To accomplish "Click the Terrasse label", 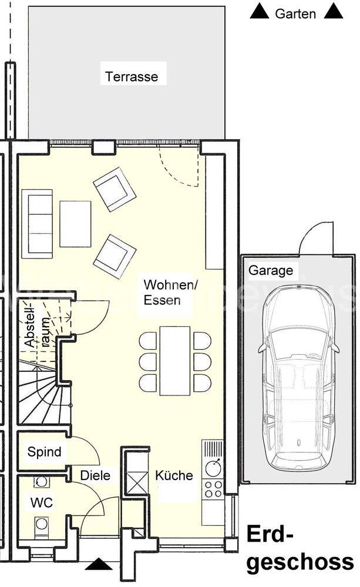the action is [x=132, y=77].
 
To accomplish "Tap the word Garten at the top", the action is [x=295, y=14].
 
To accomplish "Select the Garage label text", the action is [x=271, y=270].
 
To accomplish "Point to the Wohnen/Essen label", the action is [x=171, y=293].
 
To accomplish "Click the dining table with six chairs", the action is [x=175, y=361].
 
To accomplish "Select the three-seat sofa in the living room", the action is [x=37, y=224].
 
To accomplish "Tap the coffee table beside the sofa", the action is [x=75, y=224].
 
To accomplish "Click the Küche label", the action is [x=174, y=475].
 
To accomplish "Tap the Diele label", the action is [x=95, y=475].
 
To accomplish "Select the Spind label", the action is [x=44, y=452].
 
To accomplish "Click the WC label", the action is [x=42, y=502].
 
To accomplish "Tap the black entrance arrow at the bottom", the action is [x=99, y=564].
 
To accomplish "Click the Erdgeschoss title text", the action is [x=300, y=548].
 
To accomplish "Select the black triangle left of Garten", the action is [x=260, y=11].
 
